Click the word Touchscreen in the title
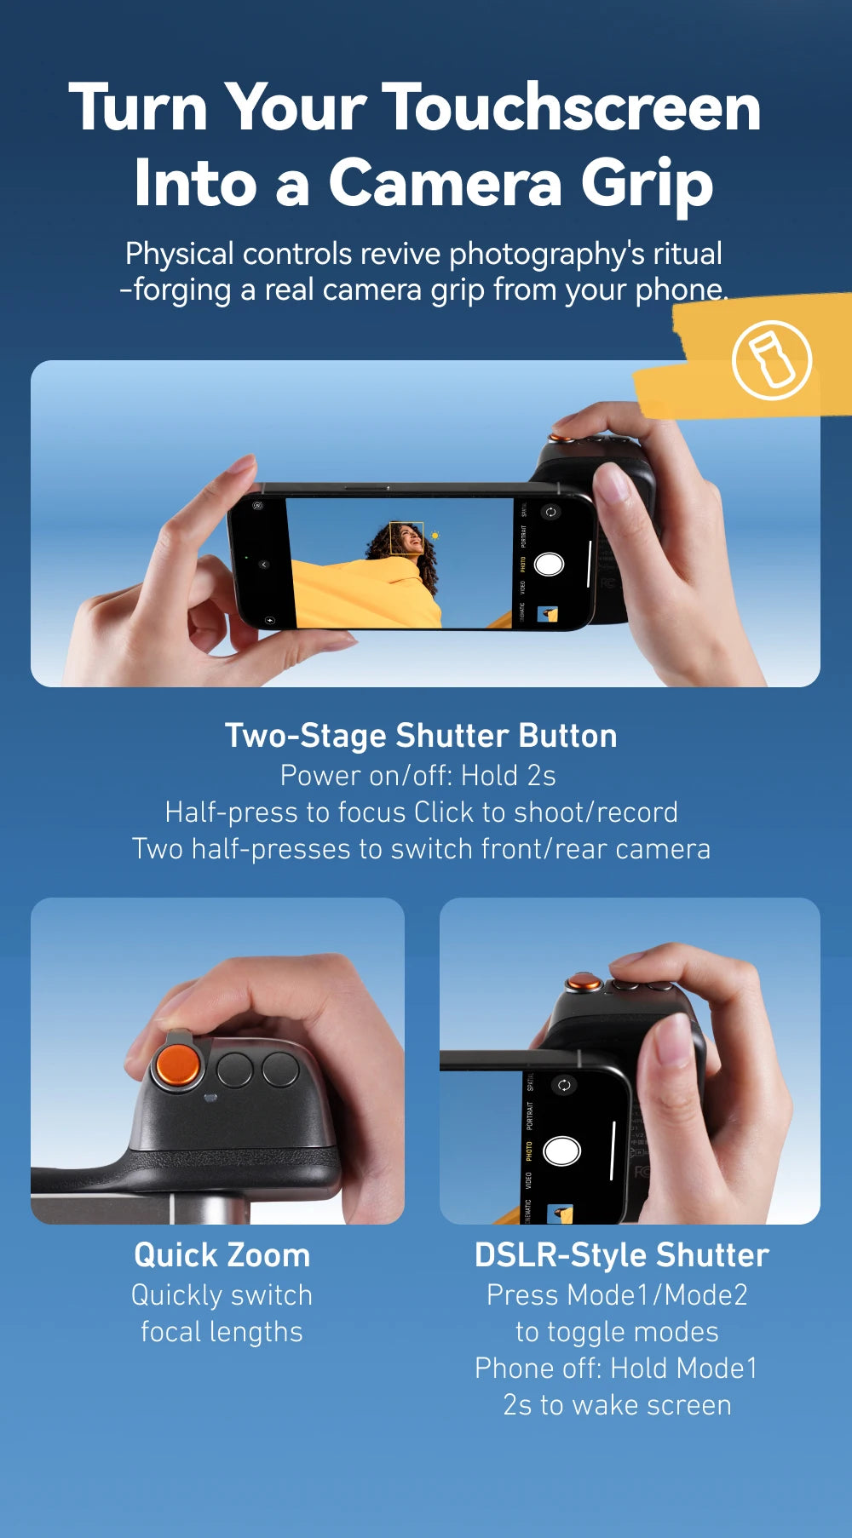pos(571,108)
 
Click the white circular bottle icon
pos(772,360)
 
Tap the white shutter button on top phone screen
pos(549,564)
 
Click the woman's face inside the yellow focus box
pos(408,538)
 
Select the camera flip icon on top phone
pos(550,512)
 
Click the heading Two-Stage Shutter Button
pos(421,736)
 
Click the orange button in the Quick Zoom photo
pos(177,1065)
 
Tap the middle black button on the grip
pos(234,1070)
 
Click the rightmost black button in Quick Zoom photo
pos(280,1070)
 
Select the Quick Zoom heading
pos(222,1255)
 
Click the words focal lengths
pos(222,1332)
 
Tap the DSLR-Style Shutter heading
pos(621,1255)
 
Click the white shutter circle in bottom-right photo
pos(561,1151)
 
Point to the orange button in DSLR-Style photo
pos(584,984)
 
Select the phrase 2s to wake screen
pos(617,1405)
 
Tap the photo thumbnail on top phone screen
pos(548,615)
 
